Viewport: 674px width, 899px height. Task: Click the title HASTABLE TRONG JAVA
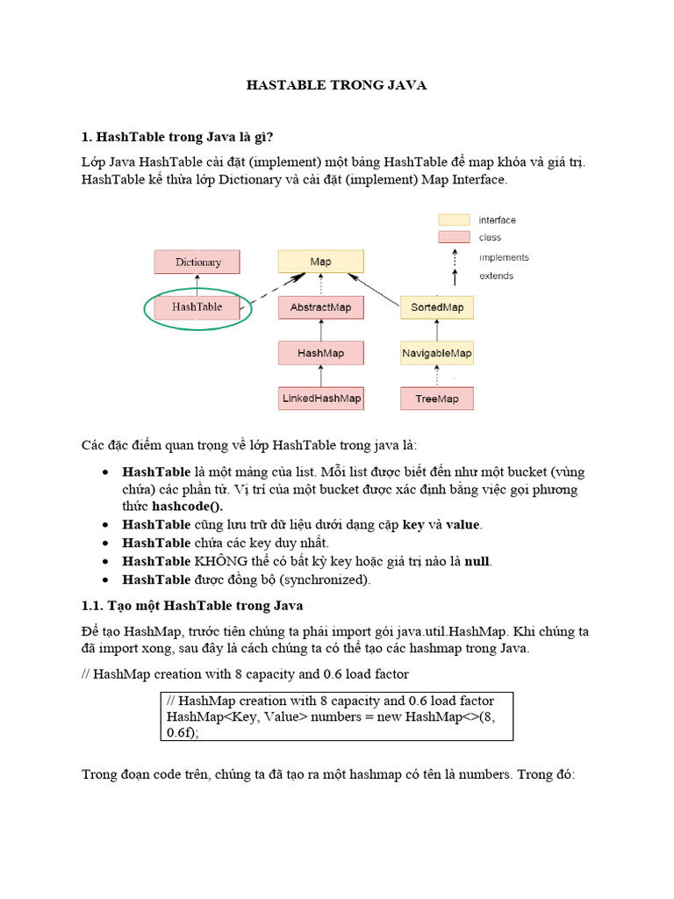coord(335,85)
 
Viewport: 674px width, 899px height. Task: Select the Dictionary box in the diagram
coord(198,262)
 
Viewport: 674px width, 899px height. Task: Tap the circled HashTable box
coord(197,307)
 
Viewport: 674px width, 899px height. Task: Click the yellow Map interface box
coord(320,262)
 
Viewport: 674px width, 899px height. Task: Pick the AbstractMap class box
coord(320,307)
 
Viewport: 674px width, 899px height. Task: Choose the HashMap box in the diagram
coord(320,353)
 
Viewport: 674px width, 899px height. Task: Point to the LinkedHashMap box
coord(320,399)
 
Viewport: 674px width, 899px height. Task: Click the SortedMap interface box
coord(437,307)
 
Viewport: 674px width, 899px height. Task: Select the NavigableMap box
coord(437,353)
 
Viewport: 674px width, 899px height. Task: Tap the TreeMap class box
coord(437,399)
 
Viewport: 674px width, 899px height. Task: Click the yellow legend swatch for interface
coord(454,219)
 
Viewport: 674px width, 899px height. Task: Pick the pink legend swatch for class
coord(454,237)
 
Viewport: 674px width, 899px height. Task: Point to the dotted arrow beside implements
coord(455,256)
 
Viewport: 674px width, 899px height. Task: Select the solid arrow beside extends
coord(455,277)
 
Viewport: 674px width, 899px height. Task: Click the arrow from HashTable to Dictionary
coord(198,284)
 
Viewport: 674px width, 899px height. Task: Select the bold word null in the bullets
coord(477,561)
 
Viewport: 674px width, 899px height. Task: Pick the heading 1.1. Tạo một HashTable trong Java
coord(192,606)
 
